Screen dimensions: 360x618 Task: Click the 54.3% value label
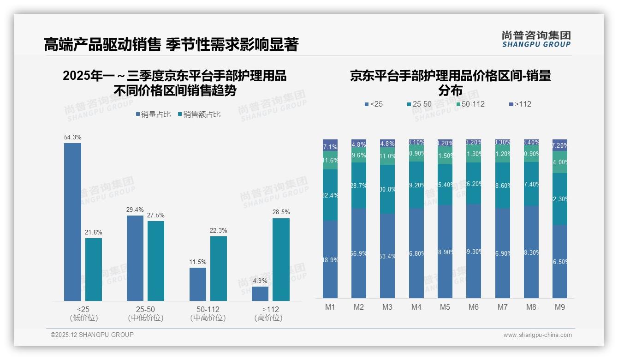tap(72, 137)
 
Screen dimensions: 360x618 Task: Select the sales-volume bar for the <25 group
tap(72, 222)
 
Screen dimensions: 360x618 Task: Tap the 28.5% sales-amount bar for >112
tap(281, 259)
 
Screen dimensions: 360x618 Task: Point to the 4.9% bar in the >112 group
tap(260, 294)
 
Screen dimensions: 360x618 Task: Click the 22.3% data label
tap(219, 230)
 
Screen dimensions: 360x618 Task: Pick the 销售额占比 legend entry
tap(199, 114)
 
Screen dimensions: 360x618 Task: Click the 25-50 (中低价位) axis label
tap(145, 313)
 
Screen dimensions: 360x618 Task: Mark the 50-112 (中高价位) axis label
tap(208, 313)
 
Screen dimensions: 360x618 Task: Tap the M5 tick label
tap(445, 307)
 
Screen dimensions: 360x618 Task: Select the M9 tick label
tap(559, 307)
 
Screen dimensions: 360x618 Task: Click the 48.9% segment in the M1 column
tap(330, 259)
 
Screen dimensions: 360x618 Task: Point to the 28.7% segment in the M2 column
tap(359, 185)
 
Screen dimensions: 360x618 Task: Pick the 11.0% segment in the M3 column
tap(387, 156)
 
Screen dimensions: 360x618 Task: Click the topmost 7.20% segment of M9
tap(559, 145)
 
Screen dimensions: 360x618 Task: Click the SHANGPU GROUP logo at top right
tap(536, 39)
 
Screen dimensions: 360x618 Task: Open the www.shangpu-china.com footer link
tap(537, 335)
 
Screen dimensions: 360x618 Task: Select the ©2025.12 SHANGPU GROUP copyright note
tap(92, 335)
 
